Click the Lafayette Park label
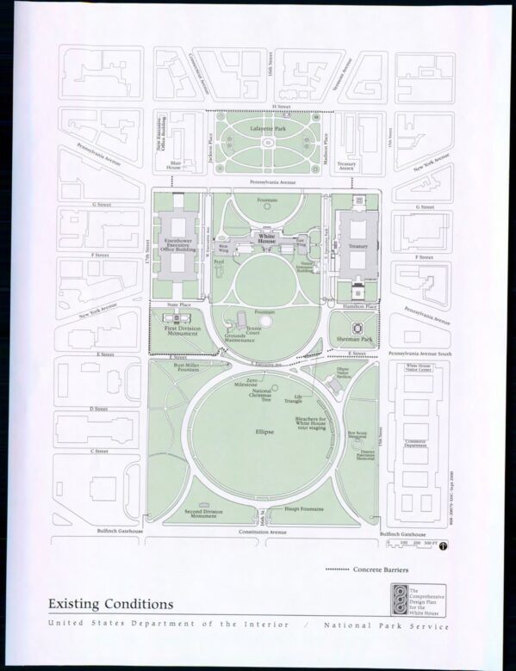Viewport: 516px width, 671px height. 268,128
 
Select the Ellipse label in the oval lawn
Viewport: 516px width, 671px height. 264,431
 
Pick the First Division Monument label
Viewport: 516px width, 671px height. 182,330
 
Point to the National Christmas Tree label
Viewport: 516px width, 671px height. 262,396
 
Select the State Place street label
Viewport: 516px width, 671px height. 178,305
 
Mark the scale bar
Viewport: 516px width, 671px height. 412,544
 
